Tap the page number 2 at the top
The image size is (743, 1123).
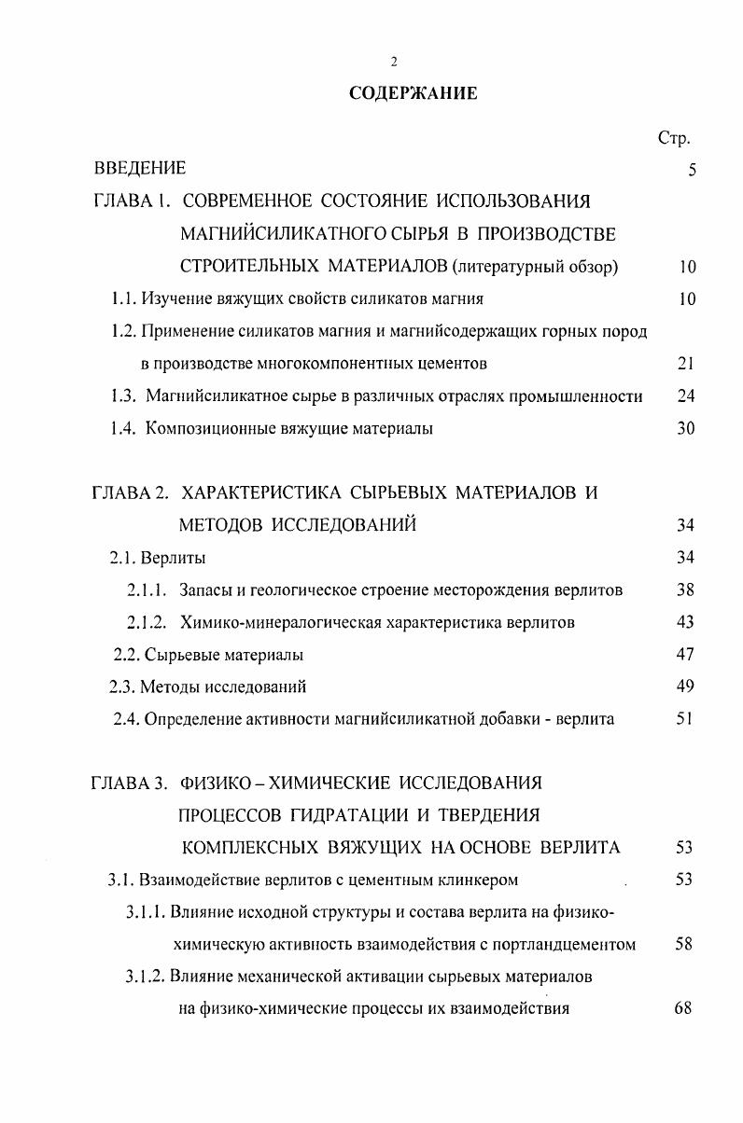pyautogui.click(x=394, y=62)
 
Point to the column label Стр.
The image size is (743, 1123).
pyautogui.click(x=673, y=139)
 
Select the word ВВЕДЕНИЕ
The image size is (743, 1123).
pyautogui.click(x=140, y=169)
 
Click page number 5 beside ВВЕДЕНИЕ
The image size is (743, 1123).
pyautogui.click(x=691, y=170)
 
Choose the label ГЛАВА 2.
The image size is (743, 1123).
pyautogui.click(x=130, y=492)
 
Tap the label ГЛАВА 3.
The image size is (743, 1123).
pyautogui.click(x=130, y=783)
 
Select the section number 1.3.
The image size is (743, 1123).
pyautogui.click(x=123, y=396)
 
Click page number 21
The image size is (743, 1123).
pyautogui.click(x=686, y=364)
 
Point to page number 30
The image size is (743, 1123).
pyautogui.click(x=686, y=429)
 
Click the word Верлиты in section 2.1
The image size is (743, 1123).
pyautogui.click(x=174, y=559)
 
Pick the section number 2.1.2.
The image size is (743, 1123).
pyautogui.click(x=147, y=622)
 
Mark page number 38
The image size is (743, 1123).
pyautogui.click(x=686, y=590)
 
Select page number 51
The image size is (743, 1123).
pyautogui.click(x=686, y=719)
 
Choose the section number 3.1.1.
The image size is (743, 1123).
pyautogui.click(x=147, y=912)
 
